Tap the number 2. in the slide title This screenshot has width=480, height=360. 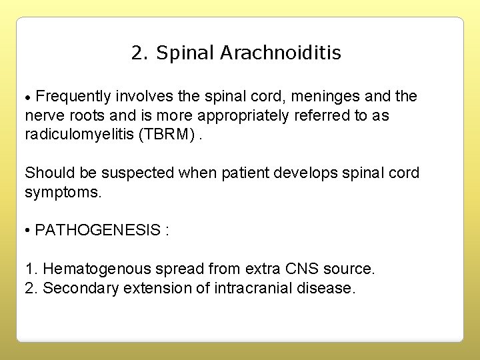coord(140,53)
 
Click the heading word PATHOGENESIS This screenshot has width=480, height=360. coord(97,230)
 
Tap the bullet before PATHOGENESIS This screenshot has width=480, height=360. coord(28,231)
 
